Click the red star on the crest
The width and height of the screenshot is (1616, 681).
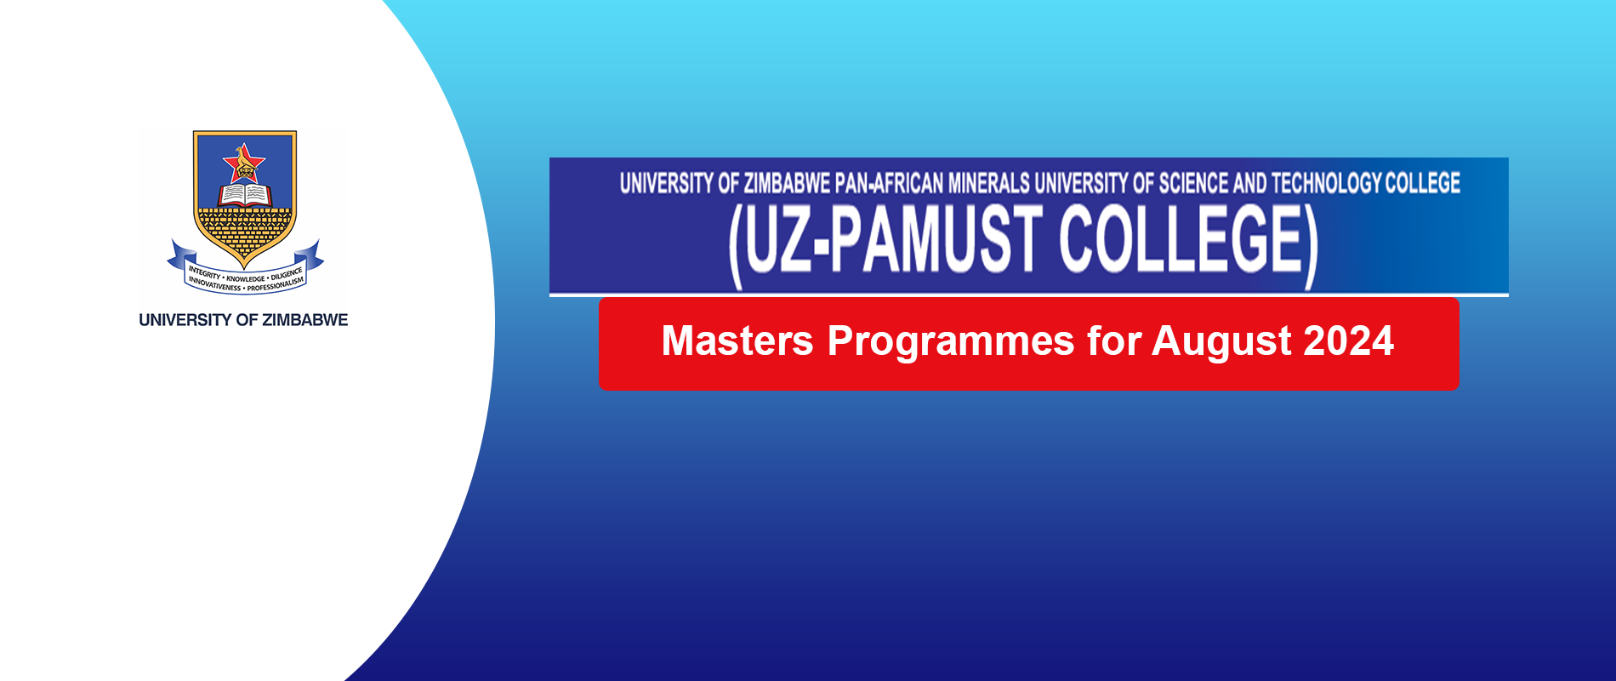tap(244, 163)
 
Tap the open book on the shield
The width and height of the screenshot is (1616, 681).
tap(245, 195)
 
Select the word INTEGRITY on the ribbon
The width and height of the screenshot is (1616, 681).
tap(204, 273)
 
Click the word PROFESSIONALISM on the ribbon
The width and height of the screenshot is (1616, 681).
tap(276, 283)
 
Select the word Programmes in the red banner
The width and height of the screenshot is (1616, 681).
tap(951, 342)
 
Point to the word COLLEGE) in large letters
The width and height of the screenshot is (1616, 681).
tap(1188, 243)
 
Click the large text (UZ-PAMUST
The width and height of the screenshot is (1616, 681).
tap(885, 243)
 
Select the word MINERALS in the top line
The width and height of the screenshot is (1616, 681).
tap(988, 183)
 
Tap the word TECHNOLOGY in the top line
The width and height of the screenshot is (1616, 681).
tap(1327, 183)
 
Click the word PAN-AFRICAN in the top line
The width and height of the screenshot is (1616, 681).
tap(889, 183)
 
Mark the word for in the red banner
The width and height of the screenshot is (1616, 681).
tap(1112, 340)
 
